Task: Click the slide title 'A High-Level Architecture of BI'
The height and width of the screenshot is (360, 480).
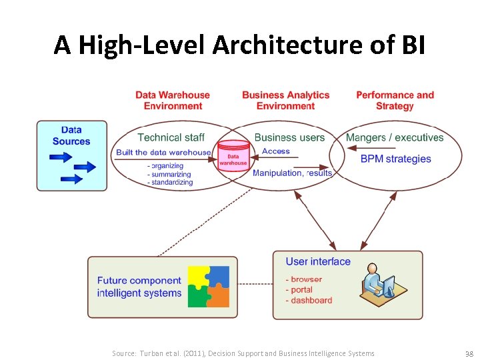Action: pyautogui.click(x=239, y=45)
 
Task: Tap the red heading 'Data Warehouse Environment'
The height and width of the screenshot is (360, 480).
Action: pyautogui.click(x=173, y=101)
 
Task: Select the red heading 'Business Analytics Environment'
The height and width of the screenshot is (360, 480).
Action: pyautogui.click(x=285, y=101)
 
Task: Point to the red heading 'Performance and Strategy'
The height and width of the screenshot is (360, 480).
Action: pyautogui.click(x=395, y=101)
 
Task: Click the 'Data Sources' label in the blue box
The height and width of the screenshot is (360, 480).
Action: pyautogui.click(x=71, y=136)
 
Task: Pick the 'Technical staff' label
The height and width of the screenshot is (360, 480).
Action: pyautogui.click(x=171, y=137)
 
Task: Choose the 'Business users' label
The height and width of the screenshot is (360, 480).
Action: pyautogui.click(x=289, y=137)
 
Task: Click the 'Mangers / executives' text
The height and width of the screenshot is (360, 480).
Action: pyautogui.click(x=395, y=137)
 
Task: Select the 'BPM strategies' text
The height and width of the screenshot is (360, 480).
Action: pyautogui.click(x=395, y=159)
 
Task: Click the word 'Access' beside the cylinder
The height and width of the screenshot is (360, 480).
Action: pyautogui.click(x=276, y=151)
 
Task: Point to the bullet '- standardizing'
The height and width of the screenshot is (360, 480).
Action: pyautogui.click(x=170, y=182)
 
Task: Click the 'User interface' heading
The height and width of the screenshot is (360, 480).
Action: pyautogui.click(x=318, y=261)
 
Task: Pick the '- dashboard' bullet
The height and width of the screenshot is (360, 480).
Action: pyautogui.click(x=309, y=301)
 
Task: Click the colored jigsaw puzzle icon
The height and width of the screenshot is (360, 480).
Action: pyautogui.click(x=209, y=287)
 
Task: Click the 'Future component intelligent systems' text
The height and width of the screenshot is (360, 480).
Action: pyautogui.click(x=139, y=287)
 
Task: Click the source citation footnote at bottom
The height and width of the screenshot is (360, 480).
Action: pyautogui.click(x=243, y=353)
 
